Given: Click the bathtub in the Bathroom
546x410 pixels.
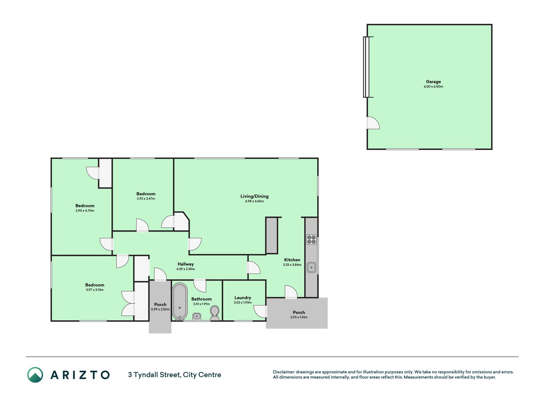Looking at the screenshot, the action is pyautogui.click(x=180, y=301).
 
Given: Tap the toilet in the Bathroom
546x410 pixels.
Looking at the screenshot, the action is pyautogui.click(x=215, y=313).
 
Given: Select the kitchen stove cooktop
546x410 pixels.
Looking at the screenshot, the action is pyautogui.click(x=311, y=240).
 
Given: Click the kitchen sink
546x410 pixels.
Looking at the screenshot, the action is pyautogui.click(x=311, y=267).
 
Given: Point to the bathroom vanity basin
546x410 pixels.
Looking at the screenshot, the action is pyautogui.click(x=197, y=316).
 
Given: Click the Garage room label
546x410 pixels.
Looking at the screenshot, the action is pyautogui.click(x=433, y=82).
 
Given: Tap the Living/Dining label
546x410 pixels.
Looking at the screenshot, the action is pyautogui.click(x=255, y=196).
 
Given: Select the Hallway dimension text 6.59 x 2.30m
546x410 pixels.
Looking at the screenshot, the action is pyautogui.click(x=186, y=269).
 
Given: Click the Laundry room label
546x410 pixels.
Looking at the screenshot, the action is pyautogui.click(x=243, y=298).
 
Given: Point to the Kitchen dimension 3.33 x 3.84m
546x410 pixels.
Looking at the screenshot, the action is pyautogui.click(x=292, y=265).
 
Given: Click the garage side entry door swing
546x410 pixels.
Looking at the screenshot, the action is pyautogui.click(x=373, y=123).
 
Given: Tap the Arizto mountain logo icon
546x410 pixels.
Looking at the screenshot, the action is pyautogui.click(x=35, y=375).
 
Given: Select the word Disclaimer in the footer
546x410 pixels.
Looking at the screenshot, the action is pyautogui.click(x=283, y=372).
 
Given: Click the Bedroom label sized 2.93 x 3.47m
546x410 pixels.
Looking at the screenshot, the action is pyautogui.click(x=146, y=194).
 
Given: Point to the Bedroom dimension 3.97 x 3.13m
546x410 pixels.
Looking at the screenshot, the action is pyautogui.click(x=95, y=290).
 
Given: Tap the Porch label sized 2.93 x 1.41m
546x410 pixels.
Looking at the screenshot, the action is pyautogui.click(x=299, y=312).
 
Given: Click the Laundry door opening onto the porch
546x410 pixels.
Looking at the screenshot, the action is pyautogui.click(x=260, y=311).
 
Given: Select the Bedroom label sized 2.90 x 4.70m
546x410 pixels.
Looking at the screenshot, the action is pyautogui.click(x=85, y=206).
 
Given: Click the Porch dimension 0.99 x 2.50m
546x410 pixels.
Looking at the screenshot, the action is pyautogui.click(x=160, y=309).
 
